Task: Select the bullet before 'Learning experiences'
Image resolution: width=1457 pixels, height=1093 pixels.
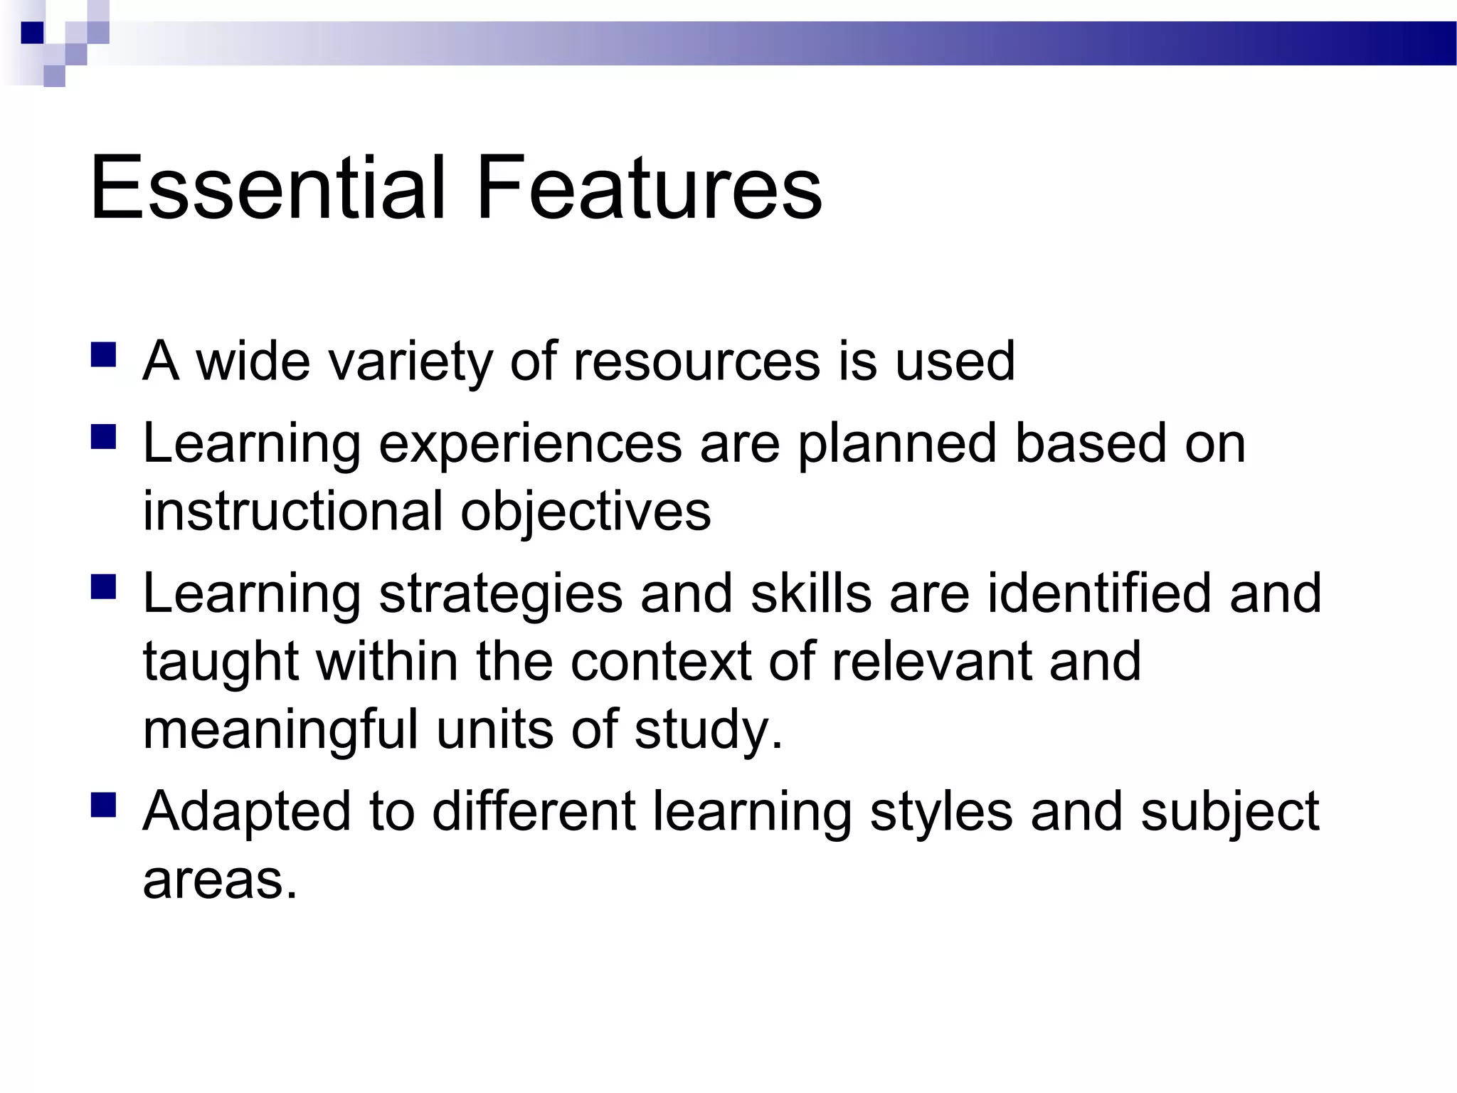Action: click(104, 437)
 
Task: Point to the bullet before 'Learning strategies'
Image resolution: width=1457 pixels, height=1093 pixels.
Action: click(104, 588)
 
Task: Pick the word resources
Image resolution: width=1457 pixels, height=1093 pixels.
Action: click(696, 361)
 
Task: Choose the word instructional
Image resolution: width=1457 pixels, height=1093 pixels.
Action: click(292, 511)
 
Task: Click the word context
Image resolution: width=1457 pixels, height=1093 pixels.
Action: click(661, 662)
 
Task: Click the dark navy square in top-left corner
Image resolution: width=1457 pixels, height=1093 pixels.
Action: click(32, 33)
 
